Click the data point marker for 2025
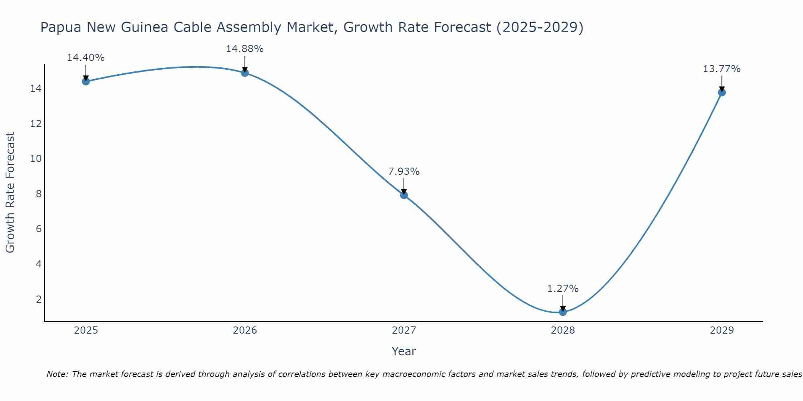click(86, 81)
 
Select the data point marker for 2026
click(245, 73)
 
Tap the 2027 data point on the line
click(404, 195)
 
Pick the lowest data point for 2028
click(563, 312)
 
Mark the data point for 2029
click(721, 92)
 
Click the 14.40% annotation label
click(86, 58)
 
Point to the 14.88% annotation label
click(245, 49)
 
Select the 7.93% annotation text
click(404, 172)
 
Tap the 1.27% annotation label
click(563, 289)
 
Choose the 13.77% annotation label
click(721, 69)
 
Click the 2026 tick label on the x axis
click(245, 330)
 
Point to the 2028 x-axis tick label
click(563, 330)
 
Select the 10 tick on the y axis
click(36, 159)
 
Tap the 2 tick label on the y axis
click(39, 300)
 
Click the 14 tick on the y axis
click(36, 89)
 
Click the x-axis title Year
click(404, 351)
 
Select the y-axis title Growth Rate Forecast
click(10, 192)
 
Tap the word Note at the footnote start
click(57, 374)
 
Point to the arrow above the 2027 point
click(404, 187)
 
